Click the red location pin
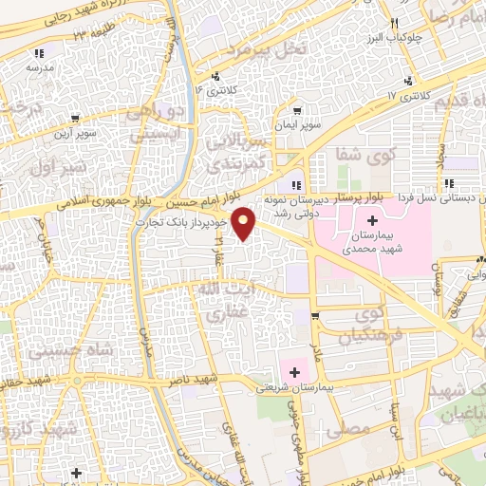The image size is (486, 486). (245, 222)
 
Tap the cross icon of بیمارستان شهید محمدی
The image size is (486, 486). (371, 220)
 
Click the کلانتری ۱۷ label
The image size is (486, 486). (410, 97)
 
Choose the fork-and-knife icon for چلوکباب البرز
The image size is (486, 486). (393, 23)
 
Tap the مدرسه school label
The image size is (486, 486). (39, 68)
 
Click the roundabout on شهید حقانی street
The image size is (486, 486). (75, 383)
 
